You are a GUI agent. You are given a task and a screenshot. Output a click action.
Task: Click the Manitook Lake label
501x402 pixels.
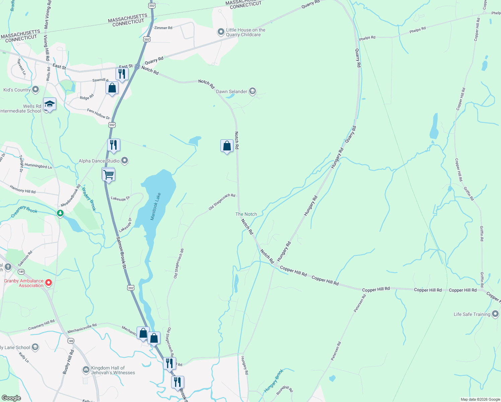(156, 206)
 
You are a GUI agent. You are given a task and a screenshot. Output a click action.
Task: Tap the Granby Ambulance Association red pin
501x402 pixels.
(49, 283)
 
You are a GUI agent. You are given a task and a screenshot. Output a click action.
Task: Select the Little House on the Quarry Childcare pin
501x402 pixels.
(221, 32)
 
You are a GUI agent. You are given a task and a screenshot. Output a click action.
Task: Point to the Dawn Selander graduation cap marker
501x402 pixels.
(253, 91)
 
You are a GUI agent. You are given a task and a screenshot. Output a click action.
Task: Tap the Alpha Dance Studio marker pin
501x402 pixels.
(125, 161)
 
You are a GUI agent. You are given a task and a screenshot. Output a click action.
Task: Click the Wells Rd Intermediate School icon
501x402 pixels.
(50, 104)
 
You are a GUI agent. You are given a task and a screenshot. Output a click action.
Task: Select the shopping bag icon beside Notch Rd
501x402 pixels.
(227, 146)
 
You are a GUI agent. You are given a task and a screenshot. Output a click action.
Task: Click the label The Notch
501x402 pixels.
(246, 214)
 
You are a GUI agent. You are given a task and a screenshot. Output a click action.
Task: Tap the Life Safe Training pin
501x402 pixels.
(495, 314)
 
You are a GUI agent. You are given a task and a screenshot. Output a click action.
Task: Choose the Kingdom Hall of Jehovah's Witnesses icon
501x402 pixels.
(86, 370)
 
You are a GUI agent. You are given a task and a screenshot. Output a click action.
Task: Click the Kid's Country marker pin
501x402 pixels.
(35, 90)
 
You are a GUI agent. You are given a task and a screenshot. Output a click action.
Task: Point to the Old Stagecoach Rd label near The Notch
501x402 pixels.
(222, 202)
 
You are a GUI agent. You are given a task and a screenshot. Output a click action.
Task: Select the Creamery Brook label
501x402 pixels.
(24, 211)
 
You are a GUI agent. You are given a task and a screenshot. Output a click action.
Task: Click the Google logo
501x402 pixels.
(11, 398)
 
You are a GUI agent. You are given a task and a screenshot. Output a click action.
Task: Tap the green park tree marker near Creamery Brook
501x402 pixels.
(60, 213)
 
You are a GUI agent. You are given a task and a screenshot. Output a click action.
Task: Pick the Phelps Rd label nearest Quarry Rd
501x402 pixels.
(367, 38)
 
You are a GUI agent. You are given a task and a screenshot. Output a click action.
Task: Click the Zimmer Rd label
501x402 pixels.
(163, 28)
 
